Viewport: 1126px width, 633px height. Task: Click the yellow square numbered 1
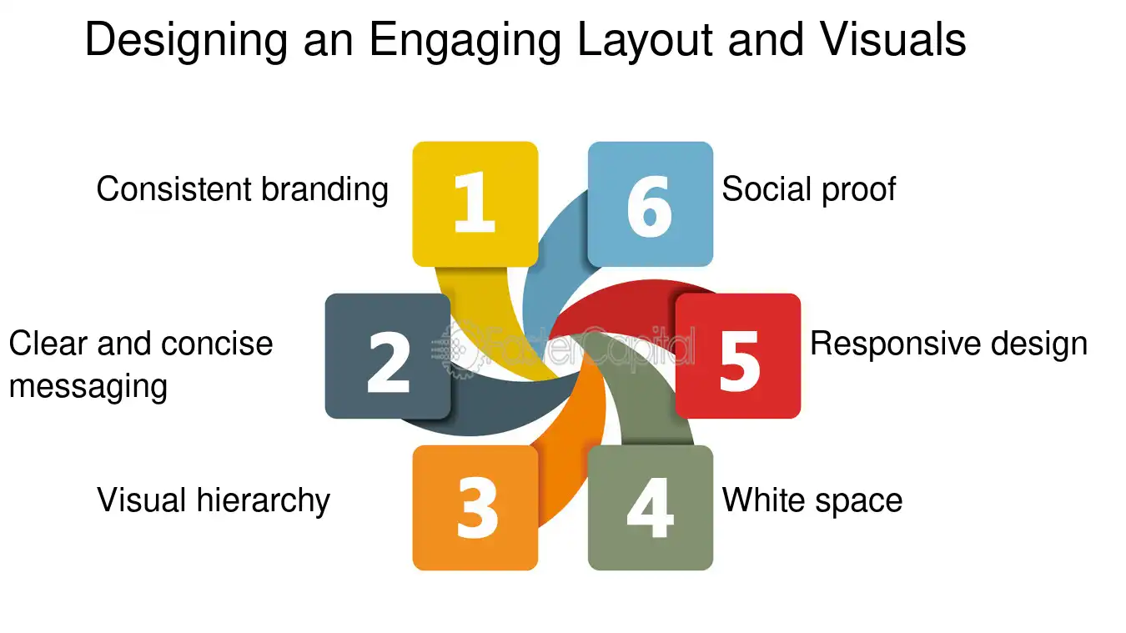(x=475, y=203)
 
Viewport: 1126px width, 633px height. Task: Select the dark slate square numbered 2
(x=388, y=356)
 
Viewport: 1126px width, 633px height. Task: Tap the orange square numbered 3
(x=475, y=507)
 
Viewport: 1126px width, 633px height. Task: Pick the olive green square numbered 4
(x=650, y=507)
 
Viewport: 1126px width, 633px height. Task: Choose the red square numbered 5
(x=737, y=356)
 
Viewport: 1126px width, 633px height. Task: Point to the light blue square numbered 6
(x=650, y=203)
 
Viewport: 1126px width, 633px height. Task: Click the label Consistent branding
(x=242, y=189)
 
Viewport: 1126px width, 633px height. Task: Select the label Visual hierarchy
(x=214, y=500)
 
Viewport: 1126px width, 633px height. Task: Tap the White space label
(x=812, y=500)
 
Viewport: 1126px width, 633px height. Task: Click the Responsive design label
(x=948, y=344)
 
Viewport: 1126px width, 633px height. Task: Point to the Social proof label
(x=808, y=189)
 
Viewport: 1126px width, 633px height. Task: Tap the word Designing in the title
(x=176, y=42)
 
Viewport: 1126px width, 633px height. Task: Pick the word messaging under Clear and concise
(x=88, y=387)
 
